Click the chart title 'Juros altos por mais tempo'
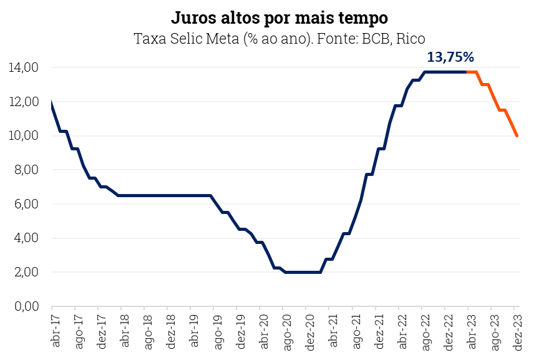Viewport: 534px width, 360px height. [x=279, y=16]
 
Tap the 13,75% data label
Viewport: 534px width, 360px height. [x=450, y=57]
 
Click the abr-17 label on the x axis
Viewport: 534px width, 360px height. [x=56, y=331]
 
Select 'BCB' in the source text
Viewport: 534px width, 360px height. [x=372, y=38]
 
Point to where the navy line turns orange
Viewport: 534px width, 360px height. [x=467, y=72]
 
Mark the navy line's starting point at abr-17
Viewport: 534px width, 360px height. [x=51, y=104]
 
